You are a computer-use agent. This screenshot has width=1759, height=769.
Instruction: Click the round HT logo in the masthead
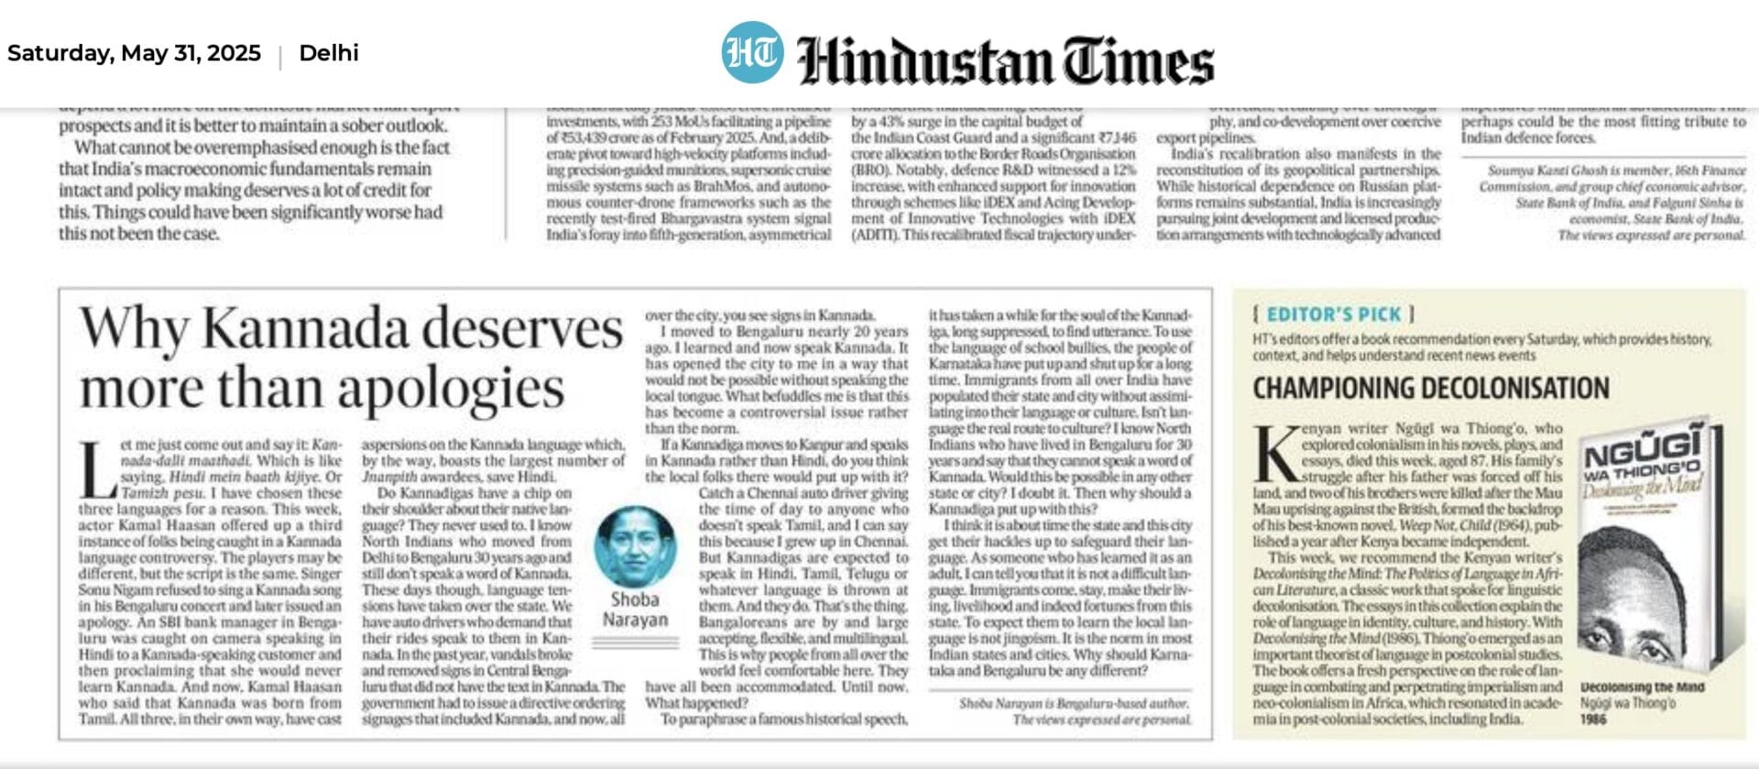pyautogui.click(x=752, y=52)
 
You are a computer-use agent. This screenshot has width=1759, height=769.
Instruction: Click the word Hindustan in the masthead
pyautogui.click(x=924, y=60)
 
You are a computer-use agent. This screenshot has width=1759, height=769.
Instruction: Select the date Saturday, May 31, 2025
pyautogui.click(x=134, y=53)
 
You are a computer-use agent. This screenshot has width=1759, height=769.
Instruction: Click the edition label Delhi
pyautogui.click(x=329, y=53)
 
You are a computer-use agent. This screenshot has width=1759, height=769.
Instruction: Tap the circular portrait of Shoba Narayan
pyautogui.click(x=636, y=547)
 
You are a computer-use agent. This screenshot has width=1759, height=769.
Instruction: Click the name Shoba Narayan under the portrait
pyautogui.click(x=635, y=610)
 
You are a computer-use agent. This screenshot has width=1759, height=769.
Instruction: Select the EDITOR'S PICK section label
pyautogui.click(x=1333, y=314)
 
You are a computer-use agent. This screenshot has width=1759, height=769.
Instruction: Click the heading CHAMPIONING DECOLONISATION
pyautogui.click(x=1430, y=389)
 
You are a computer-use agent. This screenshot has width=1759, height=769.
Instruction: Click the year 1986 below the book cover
pyautogui.click(x=1593, y=720)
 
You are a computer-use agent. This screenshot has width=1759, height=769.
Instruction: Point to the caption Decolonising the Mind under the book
pyautogui.click(x=1642, y=687)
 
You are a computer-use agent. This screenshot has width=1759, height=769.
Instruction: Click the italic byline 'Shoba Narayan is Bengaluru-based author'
pyautogui.click(x=1074, y=703)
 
